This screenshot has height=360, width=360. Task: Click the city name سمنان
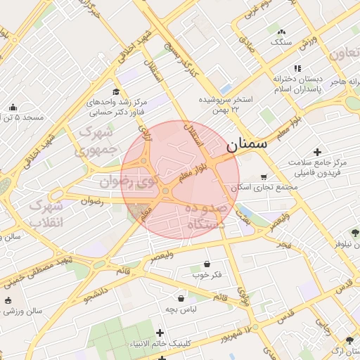(x=247, y=145)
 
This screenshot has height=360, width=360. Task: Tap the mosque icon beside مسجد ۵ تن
(x=13, y=107)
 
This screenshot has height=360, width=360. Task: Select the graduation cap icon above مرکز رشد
(x=116, y=92)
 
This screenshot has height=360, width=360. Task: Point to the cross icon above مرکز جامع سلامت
(x=317, y=151)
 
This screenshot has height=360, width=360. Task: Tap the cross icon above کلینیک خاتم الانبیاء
(x=160, y=333)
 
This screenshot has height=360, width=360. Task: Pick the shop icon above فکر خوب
(x=207, y=264)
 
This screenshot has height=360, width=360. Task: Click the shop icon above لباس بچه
(x=181, y=298)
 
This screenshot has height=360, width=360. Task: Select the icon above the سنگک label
(x=281, y=32)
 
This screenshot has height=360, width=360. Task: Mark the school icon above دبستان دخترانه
(x=297, y=68)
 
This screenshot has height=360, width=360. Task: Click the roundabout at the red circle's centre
(x=165, y=191)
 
